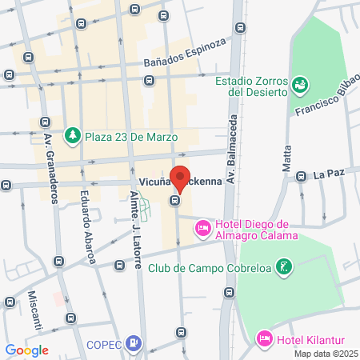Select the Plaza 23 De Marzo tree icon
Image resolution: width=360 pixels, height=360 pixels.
coord(73,134)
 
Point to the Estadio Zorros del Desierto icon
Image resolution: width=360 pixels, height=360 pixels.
coord(300,83)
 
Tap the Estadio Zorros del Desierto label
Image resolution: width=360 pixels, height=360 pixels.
coord(251,86)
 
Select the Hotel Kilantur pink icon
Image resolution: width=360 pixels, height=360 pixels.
coord(265,339)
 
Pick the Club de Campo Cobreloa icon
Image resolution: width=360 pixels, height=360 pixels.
coord(283,266)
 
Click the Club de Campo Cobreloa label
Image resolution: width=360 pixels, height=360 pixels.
coord(210,267)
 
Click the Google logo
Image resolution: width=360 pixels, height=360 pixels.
coord(27,350)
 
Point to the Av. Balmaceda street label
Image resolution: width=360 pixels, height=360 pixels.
coord(231,158)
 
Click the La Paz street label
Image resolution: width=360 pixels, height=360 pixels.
coord(328,174)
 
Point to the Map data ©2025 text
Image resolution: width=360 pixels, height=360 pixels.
coord(325,353)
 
